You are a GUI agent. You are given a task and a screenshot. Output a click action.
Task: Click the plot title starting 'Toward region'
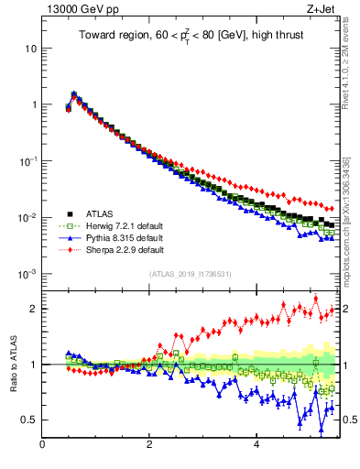click(192, 36)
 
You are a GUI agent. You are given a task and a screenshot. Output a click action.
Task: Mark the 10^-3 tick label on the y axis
click(27, 274)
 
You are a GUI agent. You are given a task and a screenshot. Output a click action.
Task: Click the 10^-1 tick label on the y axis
click(27, 160)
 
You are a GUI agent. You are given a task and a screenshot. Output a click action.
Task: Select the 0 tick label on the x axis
click(42, 446)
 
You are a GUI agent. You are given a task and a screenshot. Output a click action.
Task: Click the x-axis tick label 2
click(149, 446)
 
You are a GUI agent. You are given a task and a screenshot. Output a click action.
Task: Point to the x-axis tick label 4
click(256, 446)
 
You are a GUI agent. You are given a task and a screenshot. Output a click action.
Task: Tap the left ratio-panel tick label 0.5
click(28, 420)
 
